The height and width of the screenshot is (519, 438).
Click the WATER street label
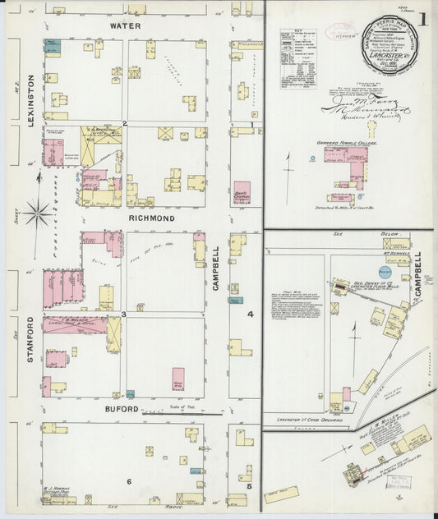(126, 26)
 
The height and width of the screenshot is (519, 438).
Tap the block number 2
(124, 124)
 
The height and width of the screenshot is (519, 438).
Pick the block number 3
(124, 315)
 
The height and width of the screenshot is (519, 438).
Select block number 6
(128, 481)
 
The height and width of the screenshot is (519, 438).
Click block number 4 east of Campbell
(251, 314)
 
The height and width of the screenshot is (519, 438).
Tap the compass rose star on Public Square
(36, 215)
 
